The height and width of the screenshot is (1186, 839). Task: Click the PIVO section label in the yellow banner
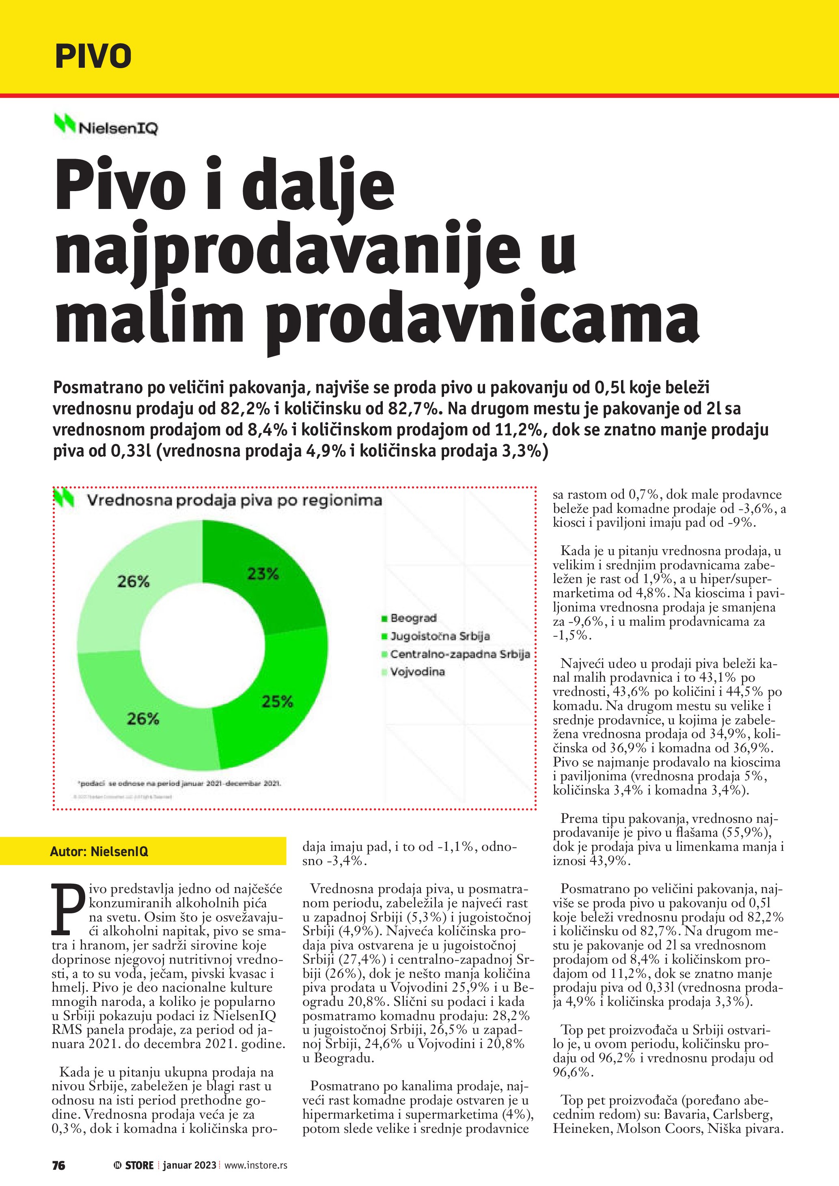93,56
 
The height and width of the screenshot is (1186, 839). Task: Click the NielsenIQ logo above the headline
106,125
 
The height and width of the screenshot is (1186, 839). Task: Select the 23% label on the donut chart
263,573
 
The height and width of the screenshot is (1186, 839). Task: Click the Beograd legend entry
413,618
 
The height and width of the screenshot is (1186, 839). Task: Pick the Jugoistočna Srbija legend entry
440,636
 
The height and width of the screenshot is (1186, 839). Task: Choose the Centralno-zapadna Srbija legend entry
460,654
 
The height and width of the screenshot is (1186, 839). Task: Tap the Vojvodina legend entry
417,672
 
